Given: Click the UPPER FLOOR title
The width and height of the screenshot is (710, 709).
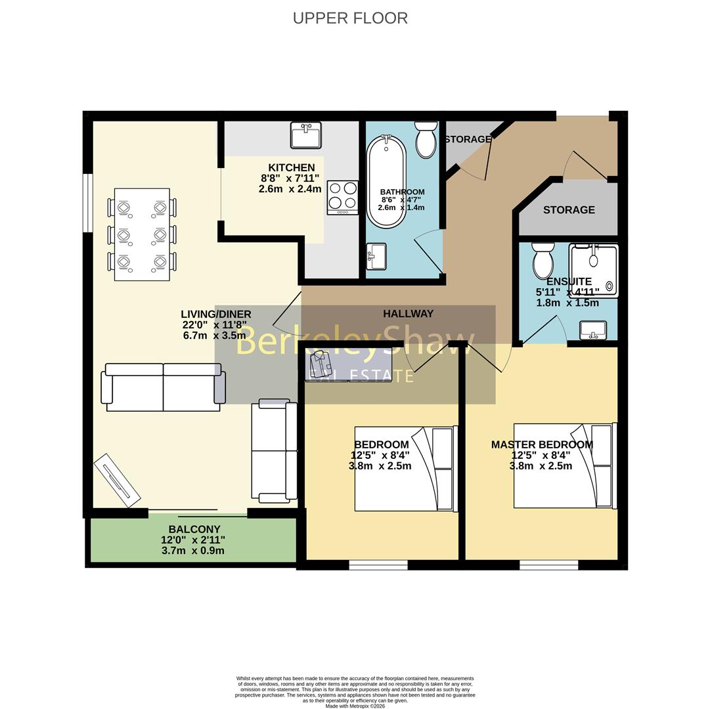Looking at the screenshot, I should [x=350, y=18].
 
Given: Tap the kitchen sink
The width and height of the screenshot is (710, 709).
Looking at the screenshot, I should [x=305, y=136].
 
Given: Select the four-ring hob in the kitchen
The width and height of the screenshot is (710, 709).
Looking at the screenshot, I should [x=343, y=197].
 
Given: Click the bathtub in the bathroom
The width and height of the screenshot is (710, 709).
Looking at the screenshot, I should [x=387, y=181].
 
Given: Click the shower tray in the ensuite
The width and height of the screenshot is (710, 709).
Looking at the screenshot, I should [x=594, y=270].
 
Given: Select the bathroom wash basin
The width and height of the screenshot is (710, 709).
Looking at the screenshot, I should [x=376, y=257].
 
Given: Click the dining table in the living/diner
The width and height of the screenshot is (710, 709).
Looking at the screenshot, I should [x=142, y=234].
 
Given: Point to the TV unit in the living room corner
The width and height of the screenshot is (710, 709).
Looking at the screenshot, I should [x=117, y=481].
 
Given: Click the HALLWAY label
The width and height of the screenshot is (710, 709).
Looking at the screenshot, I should [x=408, y=314].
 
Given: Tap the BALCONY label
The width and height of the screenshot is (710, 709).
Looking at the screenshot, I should [x=194, y=529].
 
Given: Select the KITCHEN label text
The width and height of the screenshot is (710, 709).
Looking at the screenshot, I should [x=291, y=167].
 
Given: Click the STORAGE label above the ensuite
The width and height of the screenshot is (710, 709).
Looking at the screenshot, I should [x=569, y=210].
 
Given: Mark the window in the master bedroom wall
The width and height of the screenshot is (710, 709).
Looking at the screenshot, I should [x=548, y=565].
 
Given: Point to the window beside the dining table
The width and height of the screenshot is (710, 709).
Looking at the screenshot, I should [x=87, y=203].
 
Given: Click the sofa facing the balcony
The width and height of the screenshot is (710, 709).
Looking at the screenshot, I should [x=163, y=387].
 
